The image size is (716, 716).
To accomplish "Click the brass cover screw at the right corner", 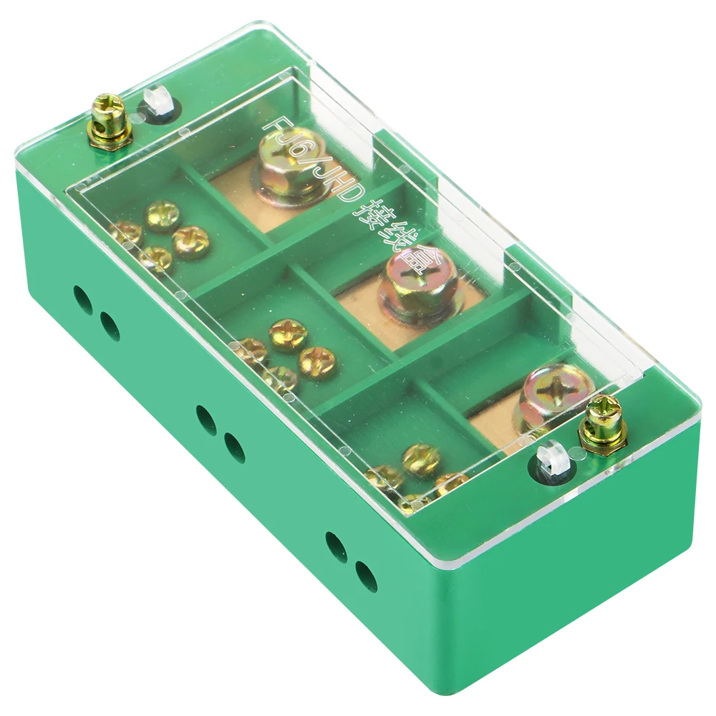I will point(603,422).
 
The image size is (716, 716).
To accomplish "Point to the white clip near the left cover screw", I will point(154,102).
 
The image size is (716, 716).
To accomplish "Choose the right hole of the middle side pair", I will point(235,447).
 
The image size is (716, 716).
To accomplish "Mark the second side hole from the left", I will point(110,326).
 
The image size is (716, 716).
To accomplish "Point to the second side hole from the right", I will point(336,547).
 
